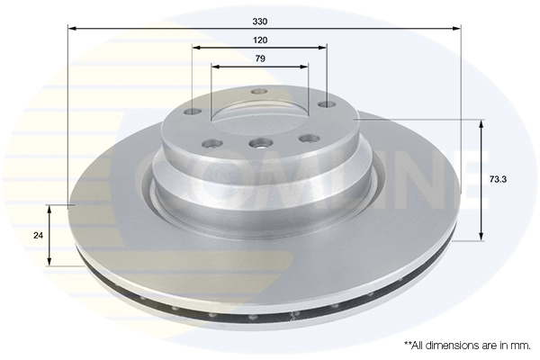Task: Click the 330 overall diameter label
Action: pyautogui.click(x=260, y=20)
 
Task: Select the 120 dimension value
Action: pyautogui.click(x=260, y=41)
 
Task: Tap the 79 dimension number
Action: pyautogui.click(x=260, y=59)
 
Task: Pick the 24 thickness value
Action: pyautogui.click(x=37, y=235)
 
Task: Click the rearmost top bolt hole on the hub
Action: pyautogui.click(x=259, y=91)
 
